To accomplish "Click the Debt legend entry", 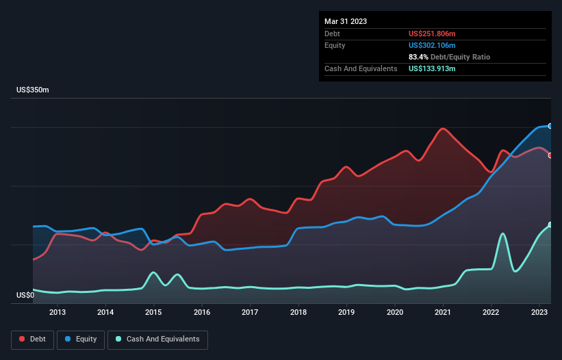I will coord(32,339).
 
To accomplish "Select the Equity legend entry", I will coord(81,339).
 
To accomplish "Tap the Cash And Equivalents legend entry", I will coord(157,339).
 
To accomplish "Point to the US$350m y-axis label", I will coord(33,90).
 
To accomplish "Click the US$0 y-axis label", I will coord(25,296).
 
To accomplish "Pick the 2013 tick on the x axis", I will coord(58,313).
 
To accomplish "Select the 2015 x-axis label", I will coord(153,313).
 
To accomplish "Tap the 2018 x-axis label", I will coord(298,313).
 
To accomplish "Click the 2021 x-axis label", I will coord(443,313).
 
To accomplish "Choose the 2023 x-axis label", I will coord(539,313).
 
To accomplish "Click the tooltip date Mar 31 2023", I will coord(346,21).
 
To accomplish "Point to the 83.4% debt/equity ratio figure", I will coord(418,57).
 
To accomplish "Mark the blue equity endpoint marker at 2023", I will coord(550,126).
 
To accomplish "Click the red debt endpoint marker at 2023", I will coord(550,155).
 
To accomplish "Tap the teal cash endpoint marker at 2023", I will coord(550,224).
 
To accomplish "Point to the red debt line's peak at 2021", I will coord(444,129).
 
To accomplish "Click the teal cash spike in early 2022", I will coord(503,234).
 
